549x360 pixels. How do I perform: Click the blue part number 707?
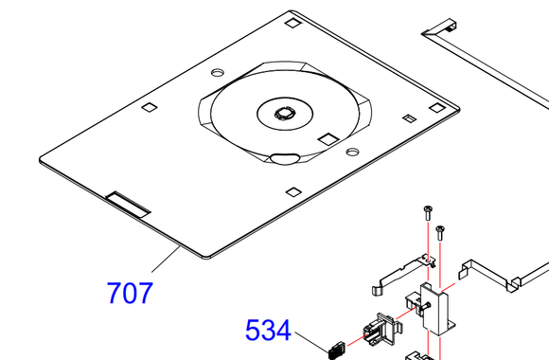(130, 293)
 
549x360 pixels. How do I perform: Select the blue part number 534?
(268, 331)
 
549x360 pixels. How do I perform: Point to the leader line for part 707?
(166, 259)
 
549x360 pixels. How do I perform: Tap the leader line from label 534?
(312, 342)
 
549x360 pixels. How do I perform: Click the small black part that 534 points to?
(336, 351)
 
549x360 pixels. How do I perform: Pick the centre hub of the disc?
(283, 114)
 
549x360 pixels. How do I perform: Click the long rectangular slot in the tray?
(128, 205)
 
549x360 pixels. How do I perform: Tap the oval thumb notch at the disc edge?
(285, 158)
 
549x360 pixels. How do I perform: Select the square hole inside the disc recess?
(328, 139)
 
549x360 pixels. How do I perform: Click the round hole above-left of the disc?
(218, 73)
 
